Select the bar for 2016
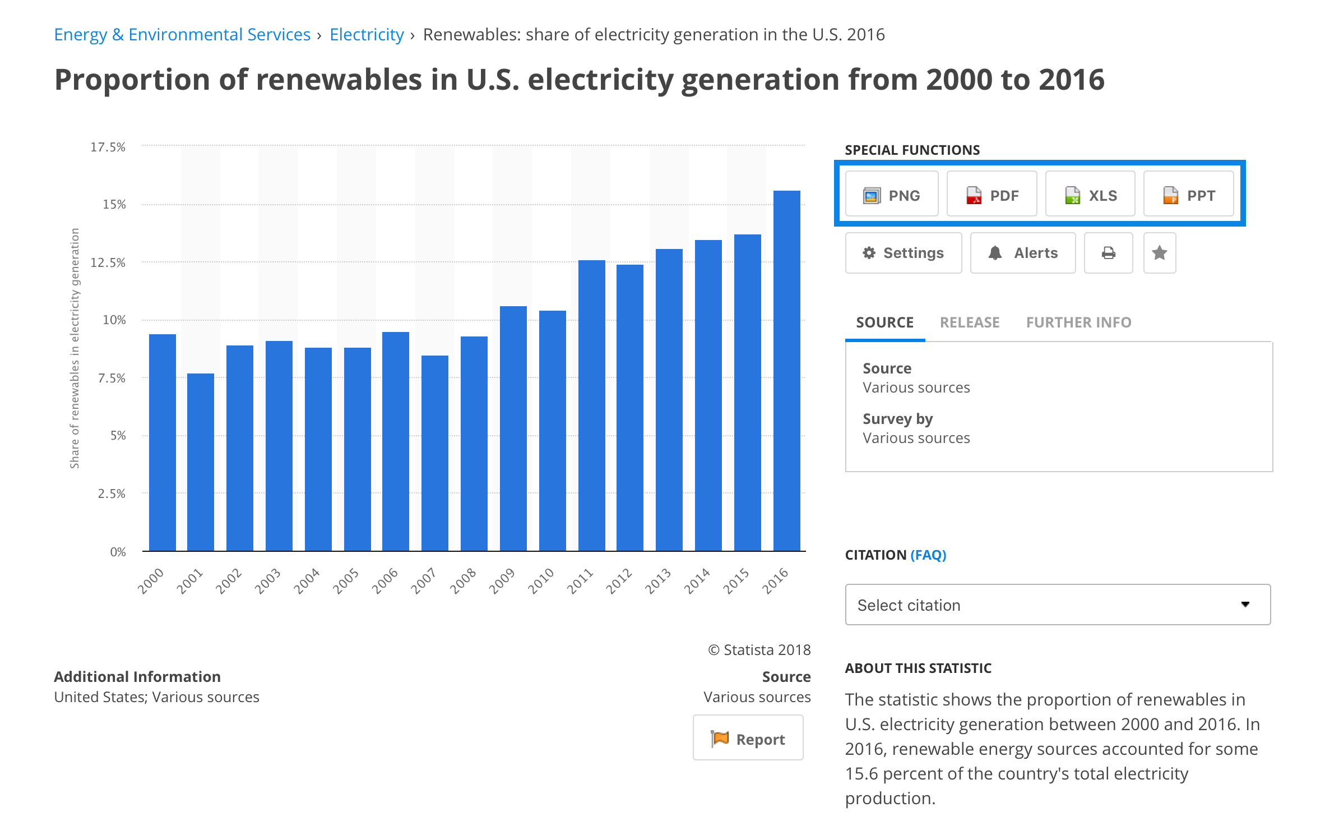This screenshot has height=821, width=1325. pos(786,371)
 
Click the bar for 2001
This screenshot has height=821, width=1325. pos(200,462)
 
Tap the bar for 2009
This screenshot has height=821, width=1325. pos(513,428)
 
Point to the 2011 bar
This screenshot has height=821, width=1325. pos(591,405)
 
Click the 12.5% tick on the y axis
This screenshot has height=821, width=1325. pos(108,262)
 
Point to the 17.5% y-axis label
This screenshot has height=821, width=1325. pos(108,147)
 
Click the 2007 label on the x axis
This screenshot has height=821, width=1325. pos(424,580)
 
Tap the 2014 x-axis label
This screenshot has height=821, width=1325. pos(697,580)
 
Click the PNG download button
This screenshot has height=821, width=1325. pos(891,195)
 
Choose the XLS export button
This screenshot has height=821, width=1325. pos(1090,195)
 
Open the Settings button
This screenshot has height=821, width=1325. pos(903,253)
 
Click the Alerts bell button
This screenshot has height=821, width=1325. pos(1022,253)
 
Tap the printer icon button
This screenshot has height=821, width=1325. pos(1108,253)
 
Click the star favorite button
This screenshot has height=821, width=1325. pos(1159,253)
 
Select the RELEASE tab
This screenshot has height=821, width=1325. pos(970,322)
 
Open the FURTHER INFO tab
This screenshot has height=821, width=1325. pos(1078,322)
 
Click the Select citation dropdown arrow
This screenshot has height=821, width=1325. pos(1245,605)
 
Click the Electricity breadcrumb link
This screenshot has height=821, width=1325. pos(367,35)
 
